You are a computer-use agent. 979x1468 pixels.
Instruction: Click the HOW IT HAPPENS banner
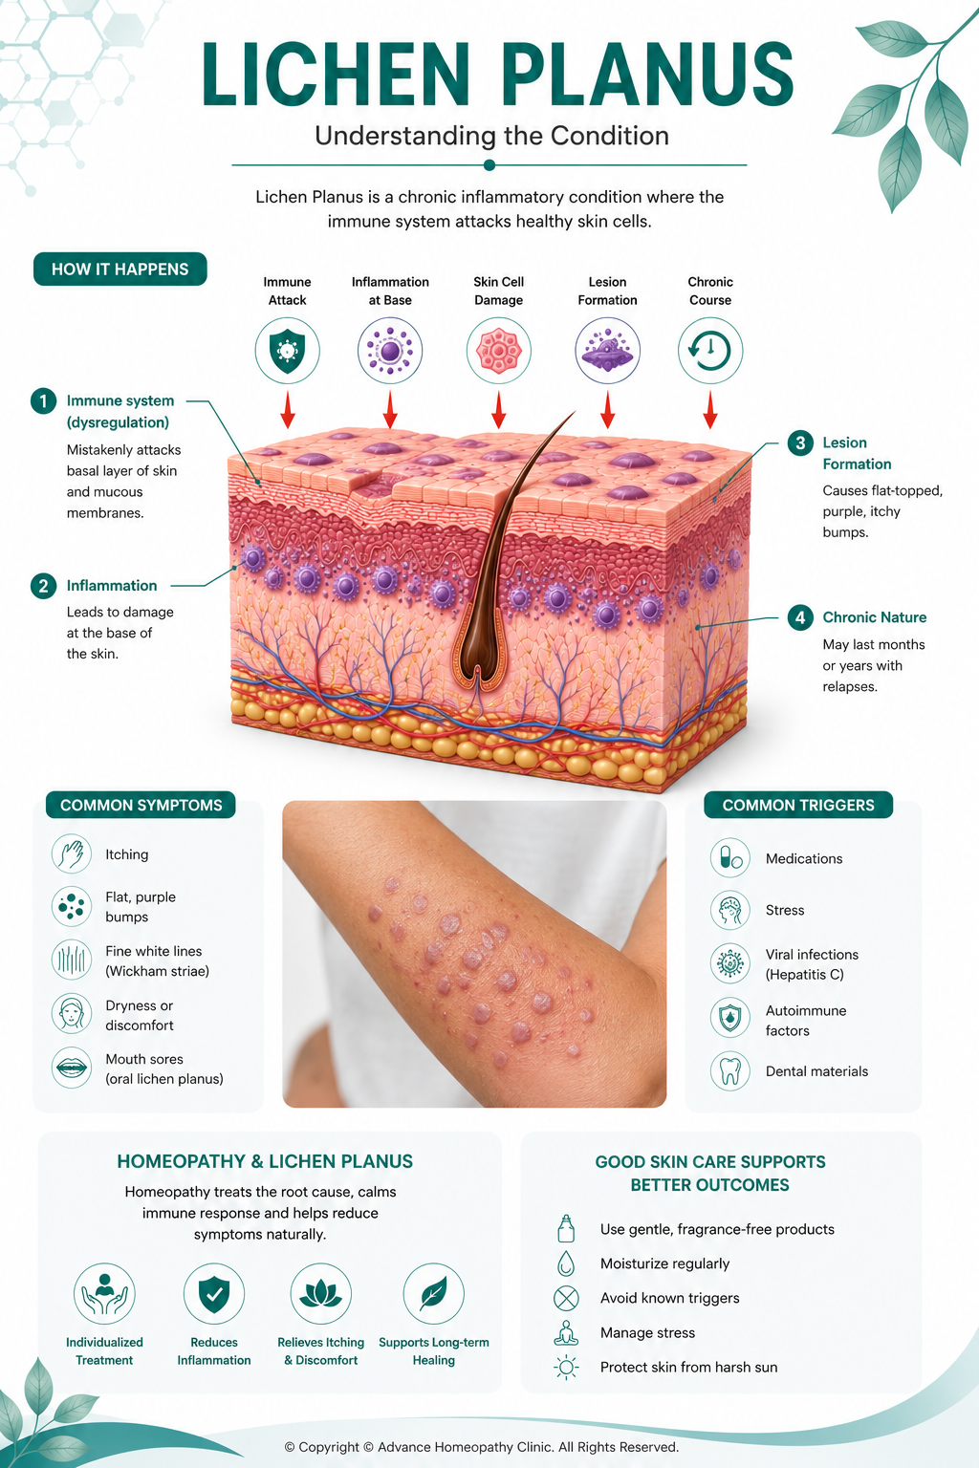tap(120, 269)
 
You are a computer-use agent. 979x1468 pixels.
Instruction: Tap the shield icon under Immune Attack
tap(287, 351)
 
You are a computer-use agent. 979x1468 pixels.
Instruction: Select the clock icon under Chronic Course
tap(710, 351)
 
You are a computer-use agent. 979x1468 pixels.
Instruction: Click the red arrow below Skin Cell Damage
tap(498, 410)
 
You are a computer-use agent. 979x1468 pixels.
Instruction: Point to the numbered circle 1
tap(43, 400)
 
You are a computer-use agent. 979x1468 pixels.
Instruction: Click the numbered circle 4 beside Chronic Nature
tap(800, 617)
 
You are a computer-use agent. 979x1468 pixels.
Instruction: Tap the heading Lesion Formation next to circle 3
tap(857, 453)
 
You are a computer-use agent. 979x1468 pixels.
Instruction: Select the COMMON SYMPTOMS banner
tap(141, 805)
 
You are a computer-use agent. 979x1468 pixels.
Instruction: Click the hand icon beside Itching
tap(72, 853)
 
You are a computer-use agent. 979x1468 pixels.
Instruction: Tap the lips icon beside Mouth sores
tap(72, 1069)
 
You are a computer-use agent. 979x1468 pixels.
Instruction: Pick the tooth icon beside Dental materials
tap(729, 1070)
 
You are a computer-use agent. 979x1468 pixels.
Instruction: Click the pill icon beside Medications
tap(729, 857)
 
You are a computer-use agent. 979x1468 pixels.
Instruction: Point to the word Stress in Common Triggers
tap(785, 910)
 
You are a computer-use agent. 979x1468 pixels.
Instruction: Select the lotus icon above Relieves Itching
tap(320, 1294)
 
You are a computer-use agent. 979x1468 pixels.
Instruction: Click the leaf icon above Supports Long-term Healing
tap(433, 1294)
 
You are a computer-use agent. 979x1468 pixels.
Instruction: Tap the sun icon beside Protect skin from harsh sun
tap(566, 1367)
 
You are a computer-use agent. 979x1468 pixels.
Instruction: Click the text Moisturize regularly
tap(664, 1263)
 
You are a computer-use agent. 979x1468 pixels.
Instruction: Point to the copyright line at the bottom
tap(481, 1447)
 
